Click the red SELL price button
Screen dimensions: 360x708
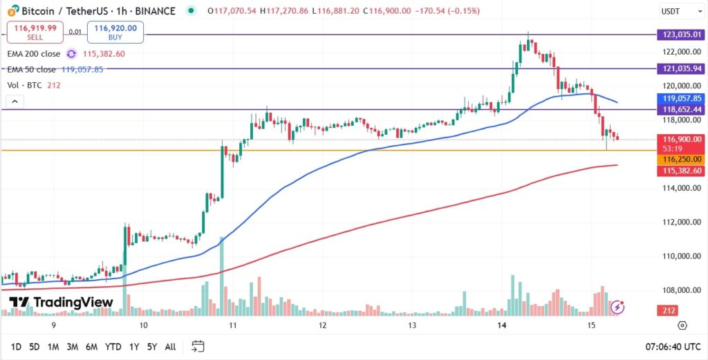(35, 32)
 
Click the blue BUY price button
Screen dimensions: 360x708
(115, 32)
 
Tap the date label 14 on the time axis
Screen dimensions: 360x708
(502, 324)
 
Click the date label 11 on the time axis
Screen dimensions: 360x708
(233, 324)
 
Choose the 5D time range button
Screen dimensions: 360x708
(35, 346)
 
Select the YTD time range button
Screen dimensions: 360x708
(113, 346)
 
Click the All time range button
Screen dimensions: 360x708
(170, 346)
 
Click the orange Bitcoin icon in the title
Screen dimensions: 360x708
(12, 11)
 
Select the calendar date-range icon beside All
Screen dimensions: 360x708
(198, 346)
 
